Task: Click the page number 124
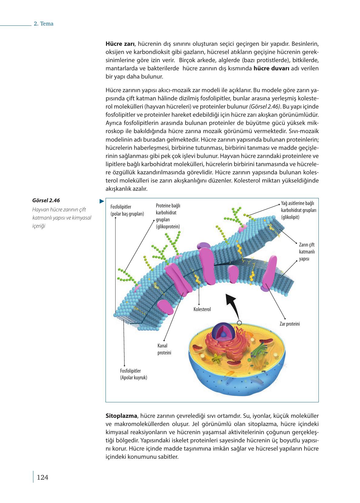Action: [x=42, y=478]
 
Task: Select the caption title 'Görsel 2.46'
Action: [x=46, y=200]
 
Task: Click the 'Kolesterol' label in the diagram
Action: [x=202, y=310]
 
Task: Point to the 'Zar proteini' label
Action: [x=290, y=324]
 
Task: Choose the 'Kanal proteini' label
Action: [x=164, y=349]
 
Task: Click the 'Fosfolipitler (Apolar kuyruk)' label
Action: [x=133, y=374]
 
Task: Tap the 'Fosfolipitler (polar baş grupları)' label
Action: [x=127, y=210]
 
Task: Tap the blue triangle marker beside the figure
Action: [x=102, y=201]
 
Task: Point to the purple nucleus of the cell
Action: [x=224, y=333]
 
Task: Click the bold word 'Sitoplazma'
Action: [x=121, y=415]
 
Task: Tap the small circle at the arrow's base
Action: [x=239, y=323]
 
